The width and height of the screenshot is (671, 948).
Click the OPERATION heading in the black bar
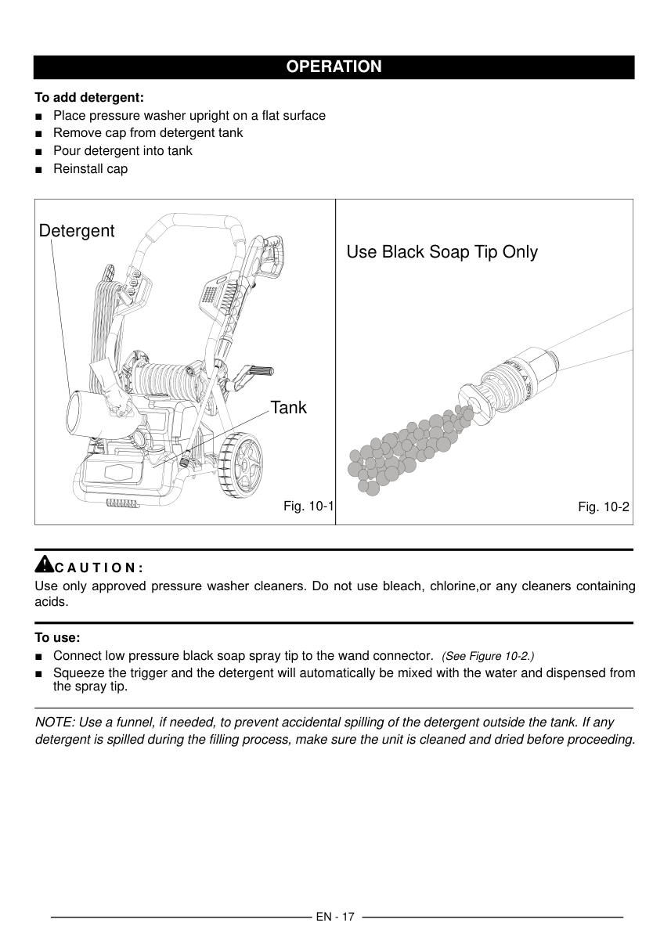334,67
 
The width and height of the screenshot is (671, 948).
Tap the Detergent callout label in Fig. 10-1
77,231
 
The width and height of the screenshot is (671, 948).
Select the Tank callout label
289,408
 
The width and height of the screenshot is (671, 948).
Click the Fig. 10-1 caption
308,506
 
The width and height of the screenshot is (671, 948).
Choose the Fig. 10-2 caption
603,506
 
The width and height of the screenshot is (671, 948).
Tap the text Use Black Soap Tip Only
442,252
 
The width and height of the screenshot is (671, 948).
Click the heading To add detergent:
89,98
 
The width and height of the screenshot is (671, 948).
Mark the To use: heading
58,637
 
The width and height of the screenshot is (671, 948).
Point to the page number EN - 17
335,917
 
